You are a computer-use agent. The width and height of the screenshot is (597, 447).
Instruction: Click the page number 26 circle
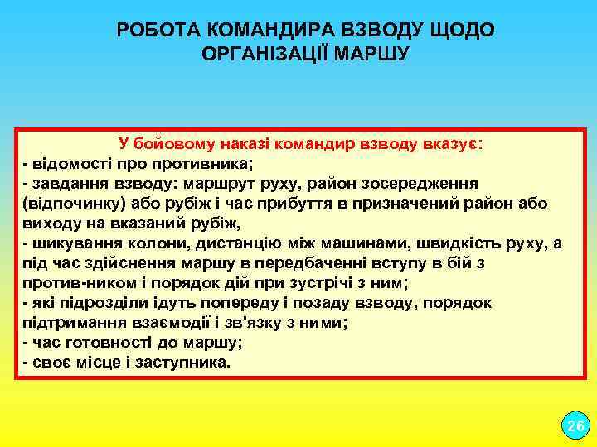point(574,427)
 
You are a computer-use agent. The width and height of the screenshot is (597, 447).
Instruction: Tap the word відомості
point(70,162)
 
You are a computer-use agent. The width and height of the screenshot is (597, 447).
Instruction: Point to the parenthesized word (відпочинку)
point(67,203)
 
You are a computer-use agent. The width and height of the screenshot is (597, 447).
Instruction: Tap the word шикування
point(72,243)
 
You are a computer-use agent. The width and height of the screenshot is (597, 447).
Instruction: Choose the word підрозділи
point(93,303)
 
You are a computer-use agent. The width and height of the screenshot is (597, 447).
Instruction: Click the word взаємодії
point(163,323)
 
